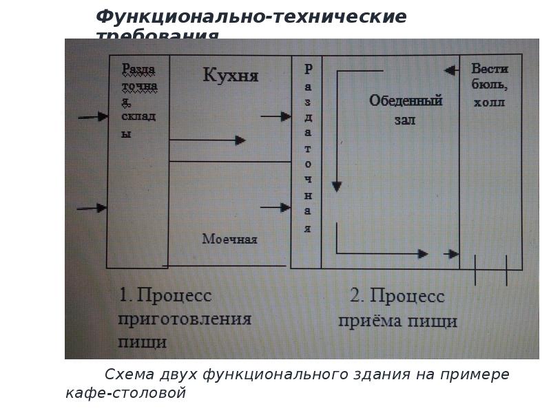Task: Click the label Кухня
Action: (x=231, y=75)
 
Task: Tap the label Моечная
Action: (x=229, y=239)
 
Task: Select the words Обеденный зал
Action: (x=405, y=109)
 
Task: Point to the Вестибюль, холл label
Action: (x=490, y=85)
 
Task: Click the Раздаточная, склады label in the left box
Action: (x=140, y=100)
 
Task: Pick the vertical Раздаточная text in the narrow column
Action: (x=308, y=148)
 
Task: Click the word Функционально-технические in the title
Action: (x=251, y=17)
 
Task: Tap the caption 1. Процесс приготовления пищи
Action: (x=184, y=318)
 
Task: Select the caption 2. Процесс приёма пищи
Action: (x=397, y=308)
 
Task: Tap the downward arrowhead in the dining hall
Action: (x=336, y=186)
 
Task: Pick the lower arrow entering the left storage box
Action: (x=92, y=208)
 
